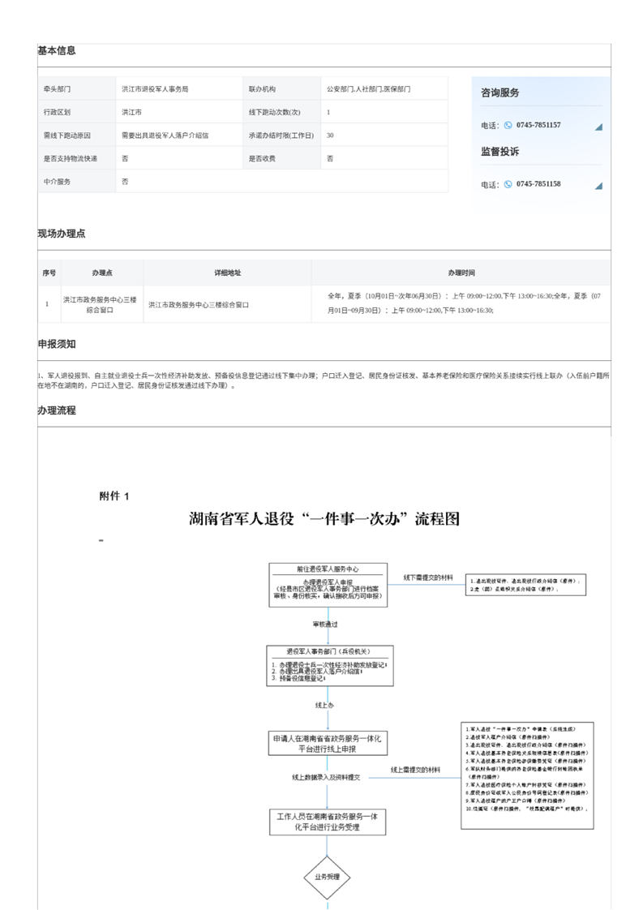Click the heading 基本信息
(57, 50)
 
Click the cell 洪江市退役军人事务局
(155, 89)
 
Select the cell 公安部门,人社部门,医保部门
(368, 89)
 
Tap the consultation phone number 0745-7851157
(538, 126)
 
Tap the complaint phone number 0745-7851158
(538, 184)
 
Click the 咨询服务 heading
(500, 93)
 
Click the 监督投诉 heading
(500, 152)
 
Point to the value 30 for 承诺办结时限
(330, 135)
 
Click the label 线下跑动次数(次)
(274, 113)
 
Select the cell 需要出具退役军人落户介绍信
(165, 135)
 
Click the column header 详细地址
(227, 273)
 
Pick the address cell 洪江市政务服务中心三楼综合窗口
(198, 305)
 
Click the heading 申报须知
(57, 344)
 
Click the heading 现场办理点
(62, 234)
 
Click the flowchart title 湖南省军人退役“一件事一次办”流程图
(324, 519)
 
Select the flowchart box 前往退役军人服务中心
(328, 569)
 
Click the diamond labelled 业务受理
(327, 878)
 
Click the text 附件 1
(114, 496)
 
